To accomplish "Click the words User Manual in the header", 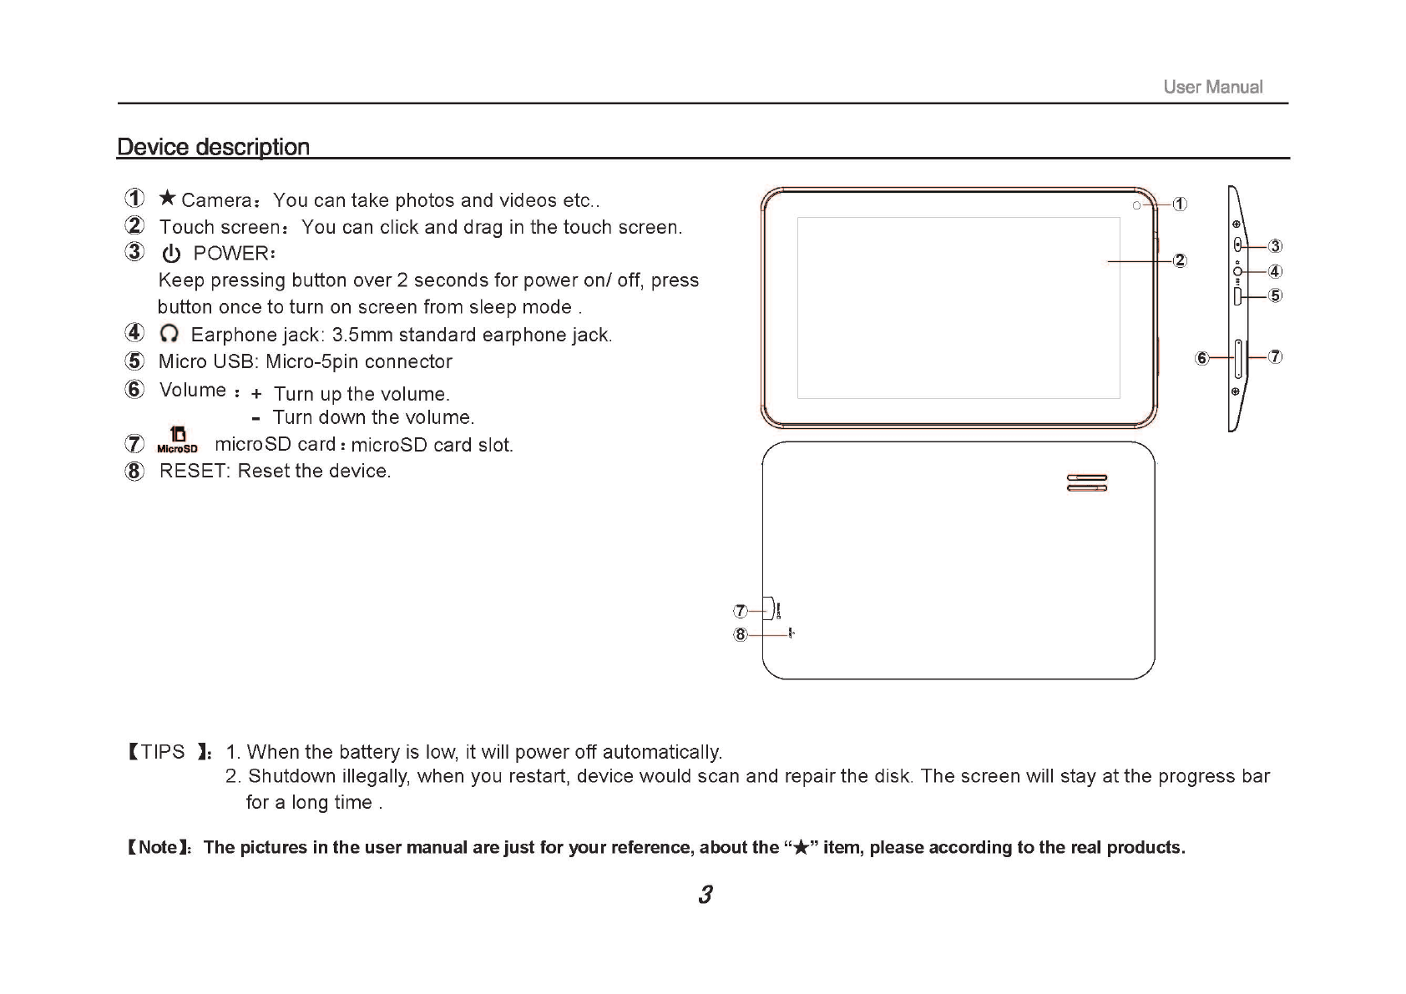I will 1212,87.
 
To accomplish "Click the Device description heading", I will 213,147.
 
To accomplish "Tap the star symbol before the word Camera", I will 168,198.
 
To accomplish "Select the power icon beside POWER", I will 171,254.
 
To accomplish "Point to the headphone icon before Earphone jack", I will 169,334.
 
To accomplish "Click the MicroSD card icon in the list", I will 177,440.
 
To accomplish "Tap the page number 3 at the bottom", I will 706,896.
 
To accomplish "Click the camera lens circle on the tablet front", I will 1137,205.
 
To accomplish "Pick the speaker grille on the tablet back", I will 1087,483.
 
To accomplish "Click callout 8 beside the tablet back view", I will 740,635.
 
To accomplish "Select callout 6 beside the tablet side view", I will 1201,358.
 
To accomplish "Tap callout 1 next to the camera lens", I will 1180,204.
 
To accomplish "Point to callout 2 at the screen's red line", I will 1179,260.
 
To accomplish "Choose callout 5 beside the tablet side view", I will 1275,295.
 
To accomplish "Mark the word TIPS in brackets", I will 163,752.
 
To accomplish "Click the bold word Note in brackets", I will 157,848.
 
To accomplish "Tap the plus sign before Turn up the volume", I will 256,394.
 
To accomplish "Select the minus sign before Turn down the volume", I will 255,418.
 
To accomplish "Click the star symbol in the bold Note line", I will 801,849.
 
